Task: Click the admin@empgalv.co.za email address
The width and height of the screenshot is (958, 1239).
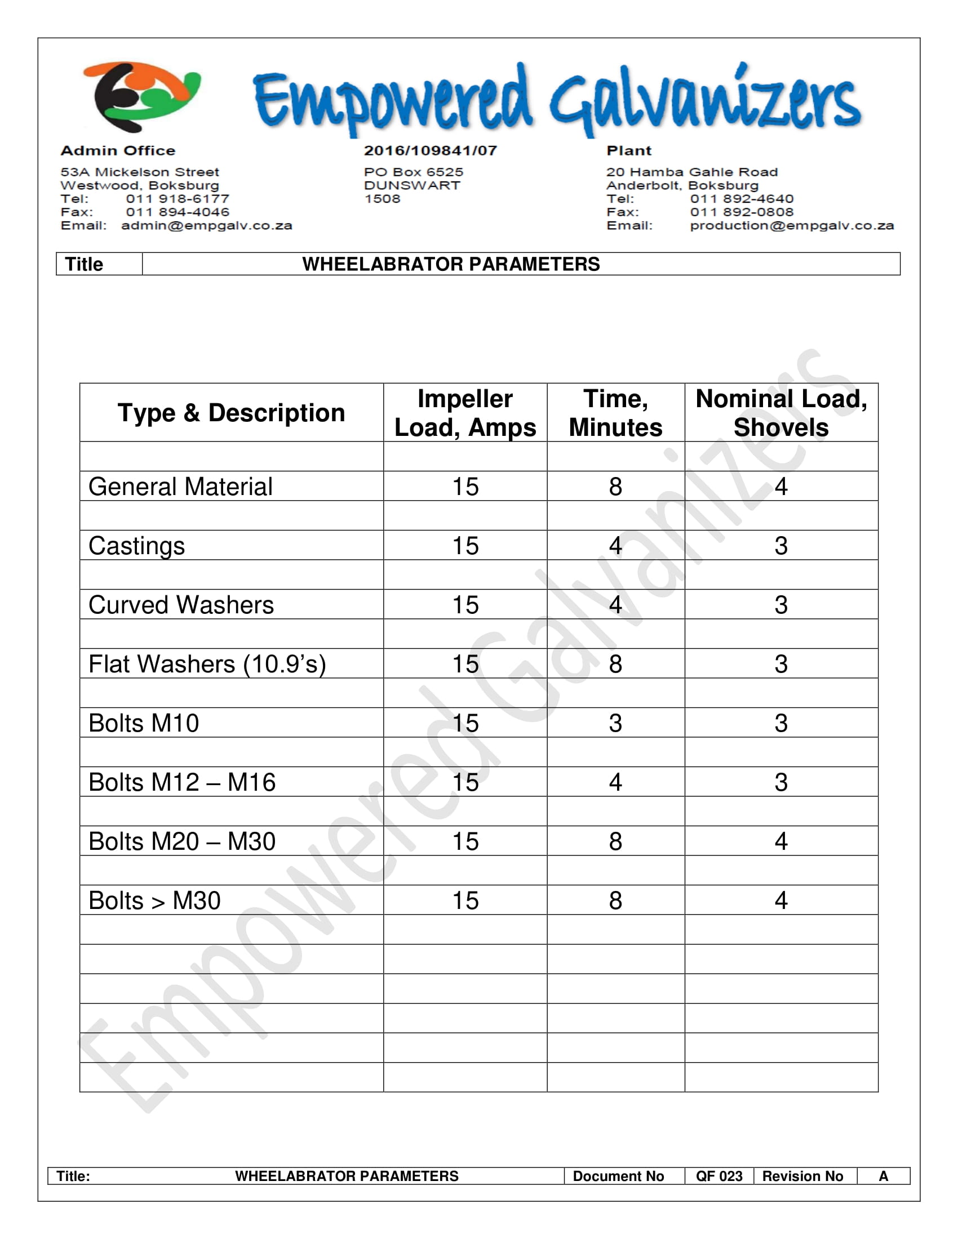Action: [x=207, y=226]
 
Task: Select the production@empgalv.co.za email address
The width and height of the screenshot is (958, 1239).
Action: [x=791, y=226]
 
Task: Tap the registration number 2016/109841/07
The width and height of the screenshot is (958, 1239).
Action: [x=430, y=151]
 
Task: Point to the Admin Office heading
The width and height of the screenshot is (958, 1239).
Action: [x=118, y=151]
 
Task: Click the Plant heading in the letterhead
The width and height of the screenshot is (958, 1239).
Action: [x=629, y=151]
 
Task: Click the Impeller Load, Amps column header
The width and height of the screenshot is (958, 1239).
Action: [x=465, y=413]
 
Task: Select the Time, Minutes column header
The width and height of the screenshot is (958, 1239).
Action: [x=615, y=413]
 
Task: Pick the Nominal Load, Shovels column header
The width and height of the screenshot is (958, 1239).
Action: [x=781, y=413]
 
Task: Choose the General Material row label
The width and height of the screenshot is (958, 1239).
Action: [x=180, y=487]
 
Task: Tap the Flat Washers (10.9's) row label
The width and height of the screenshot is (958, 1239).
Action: [x=207, y=665]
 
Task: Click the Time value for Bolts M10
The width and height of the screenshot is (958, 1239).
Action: [x=615, y=723]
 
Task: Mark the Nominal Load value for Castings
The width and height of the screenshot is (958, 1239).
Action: [x=781, y=546]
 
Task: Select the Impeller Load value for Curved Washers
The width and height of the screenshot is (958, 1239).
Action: [x=465, y=605]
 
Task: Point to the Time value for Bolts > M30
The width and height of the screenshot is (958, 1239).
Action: [x=615, y=901]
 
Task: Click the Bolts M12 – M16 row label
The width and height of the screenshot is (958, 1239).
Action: [x=182, y=782]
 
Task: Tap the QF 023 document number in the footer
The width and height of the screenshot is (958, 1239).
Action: [x=719, y=1176]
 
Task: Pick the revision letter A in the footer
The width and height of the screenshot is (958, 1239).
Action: [x=883, y=1176]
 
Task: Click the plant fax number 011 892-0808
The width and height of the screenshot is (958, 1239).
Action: [x=742, y=212]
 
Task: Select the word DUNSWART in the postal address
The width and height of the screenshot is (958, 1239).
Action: [x=412, y=185]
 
